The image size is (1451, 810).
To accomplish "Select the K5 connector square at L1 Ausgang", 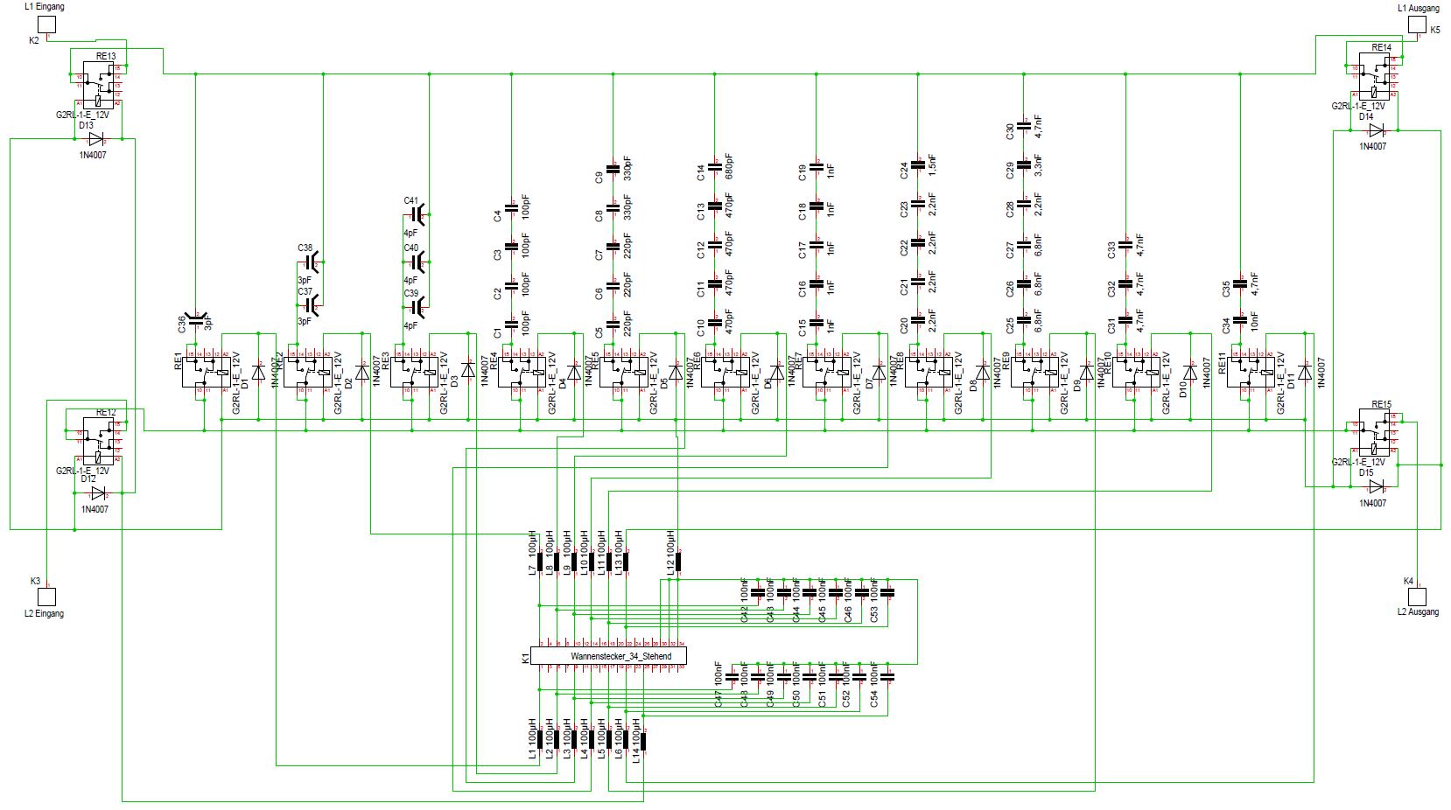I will point(1416,24).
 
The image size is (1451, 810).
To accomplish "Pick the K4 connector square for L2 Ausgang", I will point(1416,596).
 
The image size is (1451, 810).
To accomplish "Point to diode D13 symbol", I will point(95,139).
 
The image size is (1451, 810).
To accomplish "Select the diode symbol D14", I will point(1376,130).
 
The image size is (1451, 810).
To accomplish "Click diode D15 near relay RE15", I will point(1376,486).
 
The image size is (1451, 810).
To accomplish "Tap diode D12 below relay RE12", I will point(98,493).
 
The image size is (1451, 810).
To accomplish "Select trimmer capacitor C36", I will point(197,322).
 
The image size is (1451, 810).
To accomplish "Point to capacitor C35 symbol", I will point(1239,282).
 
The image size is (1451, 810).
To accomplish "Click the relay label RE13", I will point(105,55).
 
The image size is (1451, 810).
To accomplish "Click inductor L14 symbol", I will point(644,740).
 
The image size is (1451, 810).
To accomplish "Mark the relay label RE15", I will point(1381,404).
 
